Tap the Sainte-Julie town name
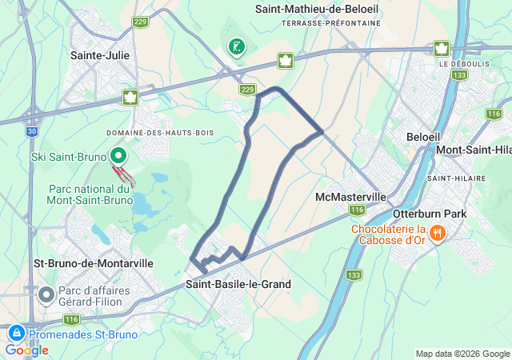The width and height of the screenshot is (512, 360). [x=101, y=55]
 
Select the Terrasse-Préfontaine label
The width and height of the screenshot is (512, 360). [x=331, y=24]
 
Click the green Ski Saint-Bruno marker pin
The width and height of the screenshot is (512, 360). [x=118, y=156]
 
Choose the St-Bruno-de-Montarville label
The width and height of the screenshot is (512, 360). [x=82, y=262]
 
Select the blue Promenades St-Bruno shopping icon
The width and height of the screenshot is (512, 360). [x=16, y=334]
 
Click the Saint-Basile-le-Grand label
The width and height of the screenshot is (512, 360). [x=238, y=284]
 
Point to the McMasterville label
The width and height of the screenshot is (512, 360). [x=351, y=197]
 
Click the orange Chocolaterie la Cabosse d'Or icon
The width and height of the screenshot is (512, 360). [x=437, y=234]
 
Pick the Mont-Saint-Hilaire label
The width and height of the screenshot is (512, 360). [x=473, y=150]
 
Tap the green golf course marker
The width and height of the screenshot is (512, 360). [x=235, y=47]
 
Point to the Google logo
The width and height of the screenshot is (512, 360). [x=26, y=350]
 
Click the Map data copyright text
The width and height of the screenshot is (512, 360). [x=462, y=354]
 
